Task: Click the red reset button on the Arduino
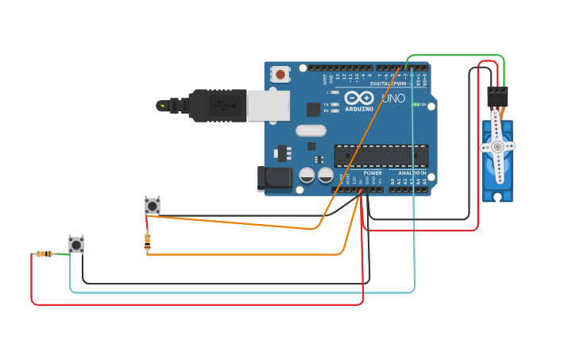point(280,74)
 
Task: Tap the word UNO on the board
point(393,99)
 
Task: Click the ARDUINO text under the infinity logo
point(359,109)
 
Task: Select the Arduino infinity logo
point(359,98)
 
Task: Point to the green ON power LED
point(415,105)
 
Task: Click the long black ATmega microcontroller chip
point(381,156)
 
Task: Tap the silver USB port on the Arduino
point(268,105)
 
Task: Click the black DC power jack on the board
point(275,178)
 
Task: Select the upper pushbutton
point(152,206)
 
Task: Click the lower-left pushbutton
point(76,245)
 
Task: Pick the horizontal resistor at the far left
point(44,254)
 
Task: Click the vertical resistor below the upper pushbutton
point(147,242)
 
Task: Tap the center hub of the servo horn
point(497,146)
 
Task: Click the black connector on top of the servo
point(497,96)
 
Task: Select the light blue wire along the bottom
point(238,292)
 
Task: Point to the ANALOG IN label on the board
point(412,172)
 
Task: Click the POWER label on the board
point(373,172)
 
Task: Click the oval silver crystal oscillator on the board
point(311,130)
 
